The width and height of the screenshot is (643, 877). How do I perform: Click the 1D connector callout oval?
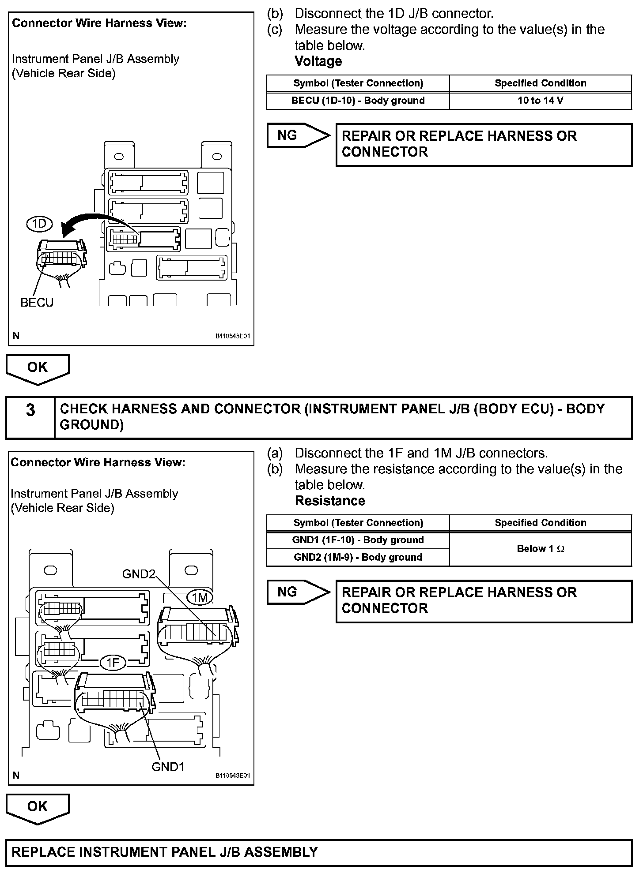click(39, 224)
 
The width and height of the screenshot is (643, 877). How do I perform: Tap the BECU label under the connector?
click(37, 303)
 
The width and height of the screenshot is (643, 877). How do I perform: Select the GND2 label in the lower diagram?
click(139, 574)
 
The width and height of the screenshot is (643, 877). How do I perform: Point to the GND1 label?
click(167, 767)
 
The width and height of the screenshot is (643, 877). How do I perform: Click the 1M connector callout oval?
click(200, 597)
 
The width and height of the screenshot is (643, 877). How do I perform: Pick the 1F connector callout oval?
click(113, 663)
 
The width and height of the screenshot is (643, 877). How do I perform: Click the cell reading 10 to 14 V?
click(540, 101)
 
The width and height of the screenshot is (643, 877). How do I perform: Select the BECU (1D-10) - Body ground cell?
click(358, 101)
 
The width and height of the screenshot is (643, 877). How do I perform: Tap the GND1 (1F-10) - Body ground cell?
click(358, 540)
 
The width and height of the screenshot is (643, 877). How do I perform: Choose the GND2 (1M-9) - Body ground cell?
click(358, 557)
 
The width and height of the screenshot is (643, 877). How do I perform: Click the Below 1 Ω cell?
click(540, 549)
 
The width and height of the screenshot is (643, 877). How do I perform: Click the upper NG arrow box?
click(298, 135)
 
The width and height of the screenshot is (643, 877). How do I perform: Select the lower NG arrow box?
click(298, 592)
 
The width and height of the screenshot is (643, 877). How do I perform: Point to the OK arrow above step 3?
click(38, 368)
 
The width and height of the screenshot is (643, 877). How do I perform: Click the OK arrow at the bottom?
click(38, 808)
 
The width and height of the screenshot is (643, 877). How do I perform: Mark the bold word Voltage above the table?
click(318, 61)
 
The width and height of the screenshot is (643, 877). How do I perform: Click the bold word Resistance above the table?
click(330, 501)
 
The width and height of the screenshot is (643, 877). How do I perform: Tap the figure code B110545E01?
click(232, 336)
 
